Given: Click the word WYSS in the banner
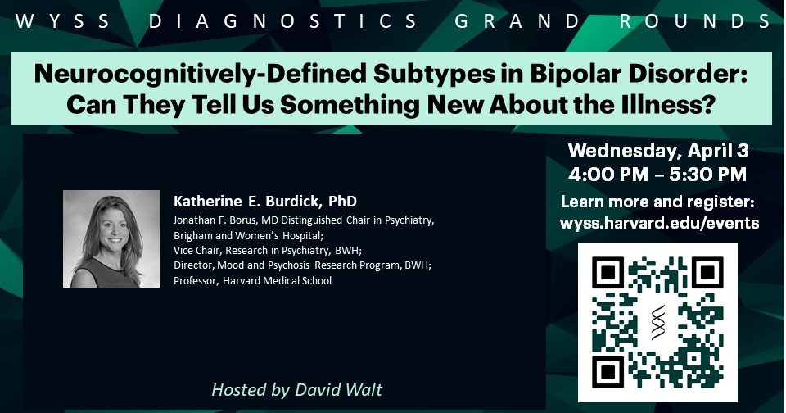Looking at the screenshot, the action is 63,21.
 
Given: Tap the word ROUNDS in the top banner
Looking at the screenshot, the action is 696,21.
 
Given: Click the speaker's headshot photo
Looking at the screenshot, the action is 111,238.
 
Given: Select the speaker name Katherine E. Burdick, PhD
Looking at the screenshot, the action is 265,202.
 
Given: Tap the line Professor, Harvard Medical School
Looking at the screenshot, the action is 253,280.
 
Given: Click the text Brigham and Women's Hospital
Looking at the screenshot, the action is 249,235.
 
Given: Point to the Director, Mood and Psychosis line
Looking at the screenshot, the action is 302,265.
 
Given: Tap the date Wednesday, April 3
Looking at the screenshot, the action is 658,151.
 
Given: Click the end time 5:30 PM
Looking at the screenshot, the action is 707,175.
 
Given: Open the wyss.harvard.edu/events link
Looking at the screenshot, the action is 659,223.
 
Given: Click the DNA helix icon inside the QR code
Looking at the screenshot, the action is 658,322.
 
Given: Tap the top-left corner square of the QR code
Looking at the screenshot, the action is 608,273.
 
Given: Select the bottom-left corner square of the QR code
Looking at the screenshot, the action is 608,372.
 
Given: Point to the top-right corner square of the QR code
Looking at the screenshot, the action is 707,273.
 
